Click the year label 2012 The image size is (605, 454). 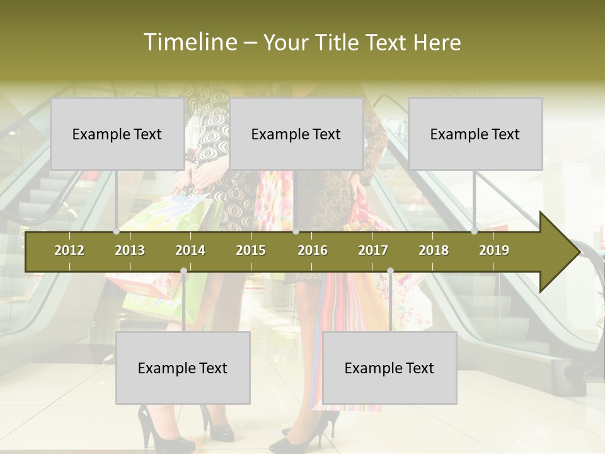(x=69, y=250)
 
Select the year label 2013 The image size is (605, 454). (x=130, y=250)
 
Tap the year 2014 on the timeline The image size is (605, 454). (x=190, y=250)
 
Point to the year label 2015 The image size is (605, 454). (x=251, y=250)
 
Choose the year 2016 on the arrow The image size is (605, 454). (x=313, y=250)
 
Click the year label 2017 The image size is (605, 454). (x=373, y=250)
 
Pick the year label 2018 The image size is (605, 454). (x=434, y=250)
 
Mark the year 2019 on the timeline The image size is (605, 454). (x=494, y=250)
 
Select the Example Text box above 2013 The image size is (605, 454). (x=117, y=134)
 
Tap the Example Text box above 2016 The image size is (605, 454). (x=296, y=134)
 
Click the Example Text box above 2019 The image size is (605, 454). (x=475, y=134)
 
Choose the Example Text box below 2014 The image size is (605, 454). (x=183, y=368)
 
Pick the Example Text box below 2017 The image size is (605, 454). (x=389, y=368)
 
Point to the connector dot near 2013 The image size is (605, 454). (x=117, y=231)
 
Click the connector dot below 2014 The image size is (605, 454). (x=183, y=271)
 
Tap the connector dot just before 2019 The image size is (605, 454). (x=475, y=231)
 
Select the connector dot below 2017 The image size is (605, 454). (x=390, y=271)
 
